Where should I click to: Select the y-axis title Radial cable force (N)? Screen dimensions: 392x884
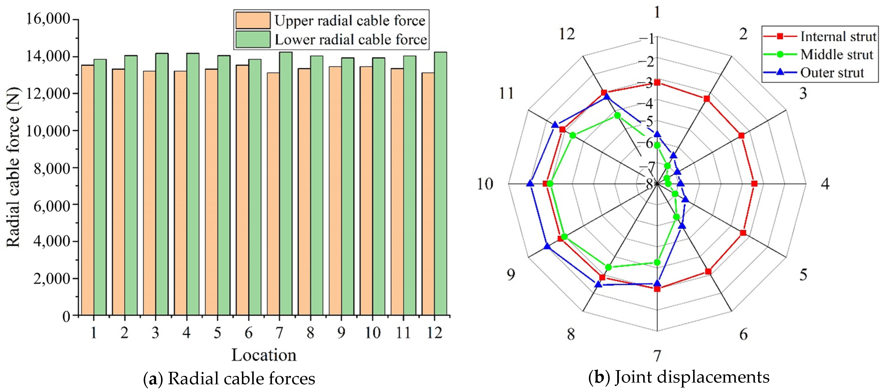click(14, 168)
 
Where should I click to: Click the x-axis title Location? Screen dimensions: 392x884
click(264, 355)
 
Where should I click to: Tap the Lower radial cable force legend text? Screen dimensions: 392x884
click(350, 39)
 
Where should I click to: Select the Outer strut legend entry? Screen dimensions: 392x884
click(832, 73)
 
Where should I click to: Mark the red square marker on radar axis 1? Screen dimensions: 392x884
click(657, 82)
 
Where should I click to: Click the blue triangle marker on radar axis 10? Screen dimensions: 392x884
click(530, 184)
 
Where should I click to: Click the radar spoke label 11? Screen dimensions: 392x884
click(506, 93)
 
